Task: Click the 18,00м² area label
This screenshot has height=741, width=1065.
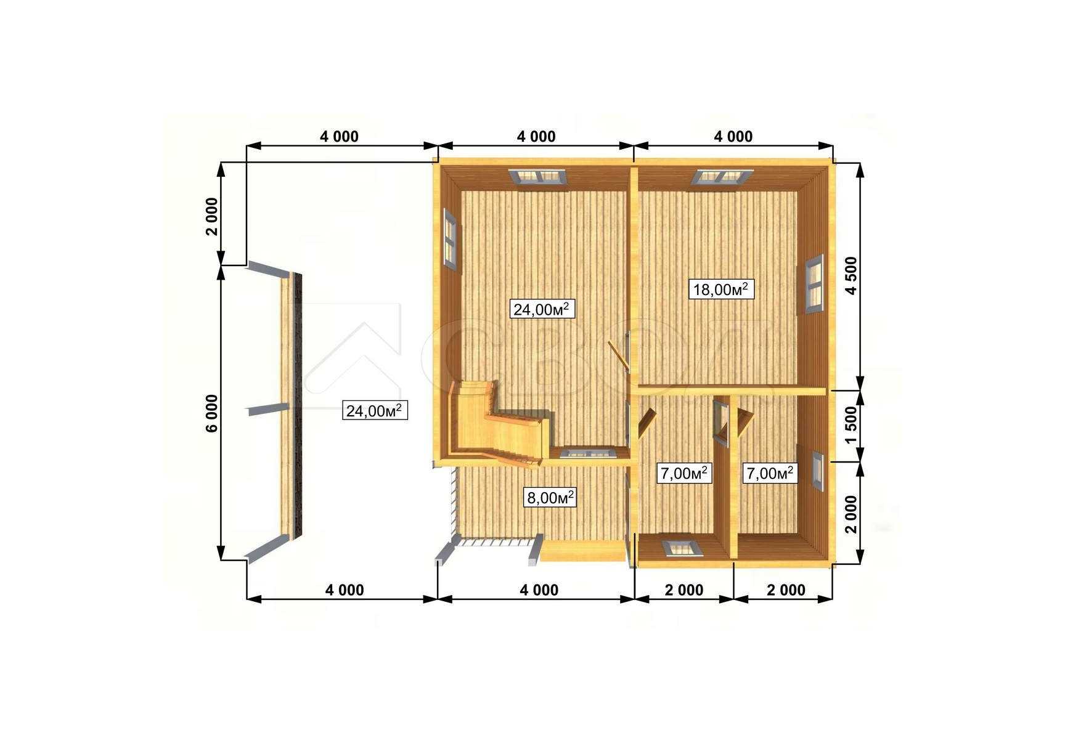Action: tap(721, 289)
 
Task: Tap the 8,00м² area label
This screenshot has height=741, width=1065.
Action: tap(550, 497)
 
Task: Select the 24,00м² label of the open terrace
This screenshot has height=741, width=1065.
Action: tap(375, 410)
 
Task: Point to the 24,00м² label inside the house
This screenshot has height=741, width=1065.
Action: tap(542, 309)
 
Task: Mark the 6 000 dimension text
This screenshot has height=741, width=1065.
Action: tap(212, 413)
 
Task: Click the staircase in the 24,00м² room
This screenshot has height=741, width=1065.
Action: tap(498, 424)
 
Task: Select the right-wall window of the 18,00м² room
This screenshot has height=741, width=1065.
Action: tap(815, 284)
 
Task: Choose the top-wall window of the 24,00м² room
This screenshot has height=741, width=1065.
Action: tap(539, 176)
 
